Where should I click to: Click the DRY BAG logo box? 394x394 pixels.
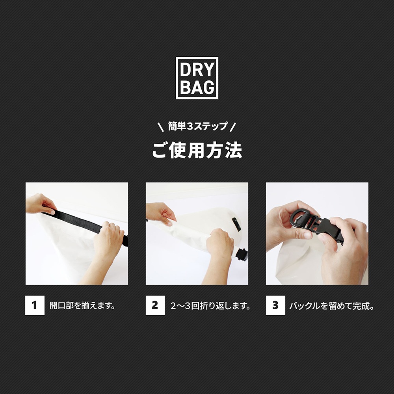[x=197, y=78]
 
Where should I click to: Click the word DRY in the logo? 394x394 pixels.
[x=197, y=70]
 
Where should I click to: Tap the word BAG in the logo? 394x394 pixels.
[x=197, y=87]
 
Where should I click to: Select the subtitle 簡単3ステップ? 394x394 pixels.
[x=197, y=126]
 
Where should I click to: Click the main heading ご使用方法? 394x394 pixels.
[x=197, y=150]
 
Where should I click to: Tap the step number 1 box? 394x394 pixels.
[x=35, y=305]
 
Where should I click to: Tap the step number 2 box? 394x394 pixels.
[x=155, y=305]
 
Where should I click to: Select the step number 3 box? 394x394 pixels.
[x=275, y=305]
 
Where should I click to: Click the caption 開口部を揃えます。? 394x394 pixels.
[x=82, y=306]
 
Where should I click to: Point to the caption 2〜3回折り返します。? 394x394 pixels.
[x=211, y=306]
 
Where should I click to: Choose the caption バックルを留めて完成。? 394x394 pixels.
[x=331, y=306]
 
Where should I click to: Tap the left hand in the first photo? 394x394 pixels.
[x=39, y=204]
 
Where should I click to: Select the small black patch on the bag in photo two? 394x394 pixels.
[x=236, y=224]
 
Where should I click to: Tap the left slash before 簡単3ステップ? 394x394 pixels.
[x=160, y=127]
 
